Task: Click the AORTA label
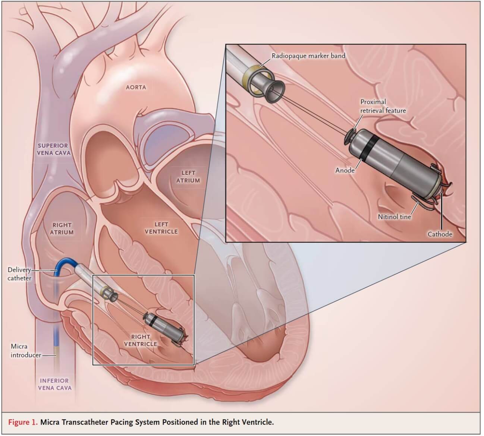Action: pyautogui.click(x=136, y=87)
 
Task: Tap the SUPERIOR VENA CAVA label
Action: pyautogui.click(x=53, y=149)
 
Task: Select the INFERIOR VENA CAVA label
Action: pyautogui.click(x=54, y=384)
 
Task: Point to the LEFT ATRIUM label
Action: pyautogui.click(x=188, y=177)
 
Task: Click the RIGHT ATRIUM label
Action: pyautogui.click(x=62, y=228)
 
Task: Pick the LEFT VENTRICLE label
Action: pyautogui.click(x=161, y=228)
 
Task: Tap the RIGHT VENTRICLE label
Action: pyautogui.click(x=140, y=340)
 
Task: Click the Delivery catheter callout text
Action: pyautogui.click(x=19, y=274)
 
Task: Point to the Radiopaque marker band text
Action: pyautogui.click(x=308, y=56)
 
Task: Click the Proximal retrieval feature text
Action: pyautogui.click(x=383, y=106)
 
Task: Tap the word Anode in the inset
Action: pyautogui.click(x=345, y=170)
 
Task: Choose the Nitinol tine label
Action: pyautogui.click(x=394, y=217)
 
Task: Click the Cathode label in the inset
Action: pyautogui.click(x=440, y=234)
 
